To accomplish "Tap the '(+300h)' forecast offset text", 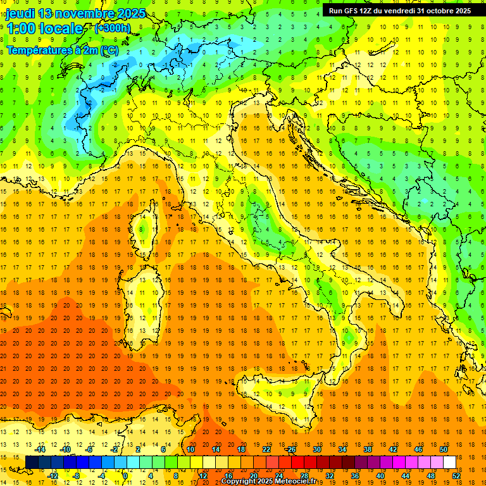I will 112,28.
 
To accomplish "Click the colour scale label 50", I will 443,449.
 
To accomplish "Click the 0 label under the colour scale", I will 125,475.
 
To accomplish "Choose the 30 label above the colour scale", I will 316,449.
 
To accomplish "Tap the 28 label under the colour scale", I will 304,475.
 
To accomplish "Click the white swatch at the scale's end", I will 449,462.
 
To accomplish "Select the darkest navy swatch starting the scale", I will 32,462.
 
